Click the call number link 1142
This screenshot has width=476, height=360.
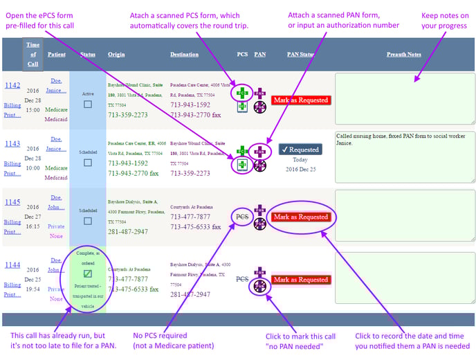[x=12, y=85]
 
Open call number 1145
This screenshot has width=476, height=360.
[x=12, y=202]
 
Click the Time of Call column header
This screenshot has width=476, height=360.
[x=33, y=54]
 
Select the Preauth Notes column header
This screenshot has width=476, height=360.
[x=404, y=54]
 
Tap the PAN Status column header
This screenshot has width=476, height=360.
[x=301, y=54]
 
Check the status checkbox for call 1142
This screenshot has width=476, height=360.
[x=87, y=105]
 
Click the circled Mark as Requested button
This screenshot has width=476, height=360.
[x=300, y=217]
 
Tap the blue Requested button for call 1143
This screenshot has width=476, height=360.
[x=300, y=150]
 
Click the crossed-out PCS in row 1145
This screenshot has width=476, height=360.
[x=242, y=216]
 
